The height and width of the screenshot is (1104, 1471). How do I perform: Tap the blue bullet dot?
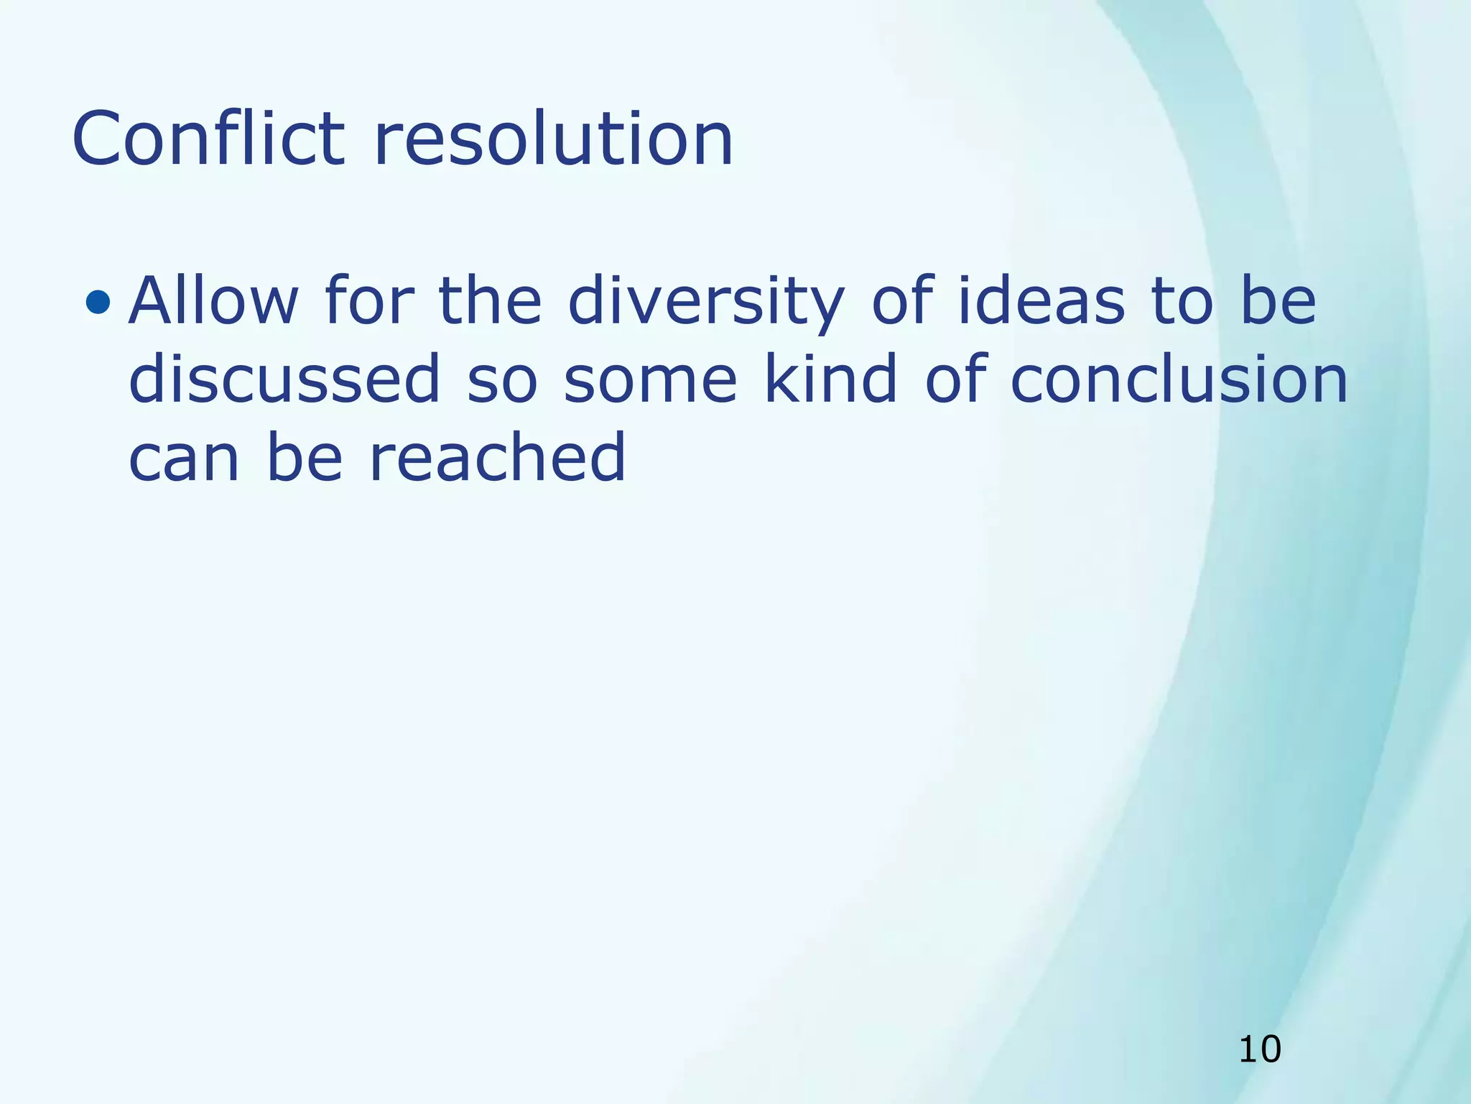click(x=98, y=303)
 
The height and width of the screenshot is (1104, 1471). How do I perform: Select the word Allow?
click(x=213, y=301)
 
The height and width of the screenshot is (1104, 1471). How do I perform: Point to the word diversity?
click(x=706, y=301)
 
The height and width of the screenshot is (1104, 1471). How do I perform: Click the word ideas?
click(x=1041, y=301)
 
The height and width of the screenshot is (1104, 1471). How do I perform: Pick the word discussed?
click(x=284, y=379)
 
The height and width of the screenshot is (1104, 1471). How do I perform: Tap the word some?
click(x=651, y=379)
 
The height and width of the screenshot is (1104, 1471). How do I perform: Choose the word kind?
click(x=831, y=379)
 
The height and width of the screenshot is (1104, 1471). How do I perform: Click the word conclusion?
click(x=1179, y=379)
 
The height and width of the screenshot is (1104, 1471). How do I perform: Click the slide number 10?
click(x=1260, y=1050)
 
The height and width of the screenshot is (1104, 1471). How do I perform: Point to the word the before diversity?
click(x=490, y=301)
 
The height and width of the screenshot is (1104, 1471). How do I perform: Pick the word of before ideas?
click(x=902, y=301)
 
